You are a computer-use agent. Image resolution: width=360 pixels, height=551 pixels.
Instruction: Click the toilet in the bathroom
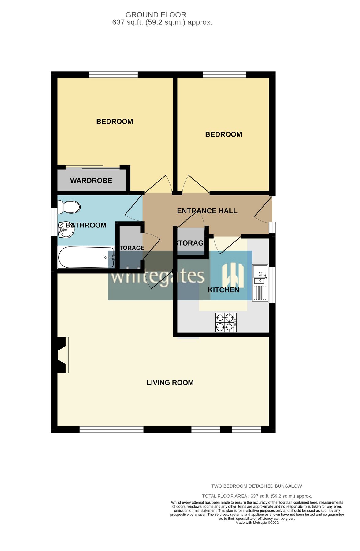(x=69, y=207)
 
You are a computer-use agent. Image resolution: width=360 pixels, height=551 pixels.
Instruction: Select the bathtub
(x=86, y=257)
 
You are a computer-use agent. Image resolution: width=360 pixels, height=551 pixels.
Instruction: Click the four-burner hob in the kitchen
(x=226, y=322)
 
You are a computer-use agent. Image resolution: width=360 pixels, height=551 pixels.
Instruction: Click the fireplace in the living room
(x=62, y=355)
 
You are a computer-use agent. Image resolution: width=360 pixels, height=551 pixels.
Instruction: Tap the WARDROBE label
(x=91, y=181)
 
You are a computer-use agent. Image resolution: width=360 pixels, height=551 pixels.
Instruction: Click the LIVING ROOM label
(x=170, y=383)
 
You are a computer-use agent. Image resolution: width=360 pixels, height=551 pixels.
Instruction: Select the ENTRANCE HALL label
(x=207, y=211)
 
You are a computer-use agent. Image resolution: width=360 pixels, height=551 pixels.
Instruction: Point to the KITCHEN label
(x=223, y=290)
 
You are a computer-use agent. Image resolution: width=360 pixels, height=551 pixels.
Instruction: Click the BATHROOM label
(x=86, y=225)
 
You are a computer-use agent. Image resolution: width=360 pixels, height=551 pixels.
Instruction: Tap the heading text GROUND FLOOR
(x=156, y=15)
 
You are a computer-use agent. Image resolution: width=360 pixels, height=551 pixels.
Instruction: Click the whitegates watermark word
(x=158, y=276)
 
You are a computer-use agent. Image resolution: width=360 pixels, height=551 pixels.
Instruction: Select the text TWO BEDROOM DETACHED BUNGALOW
(x=257, y=486)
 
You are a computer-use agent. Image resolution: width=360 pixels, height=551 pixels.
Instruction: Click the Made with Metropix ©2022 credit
(x=257, y=523)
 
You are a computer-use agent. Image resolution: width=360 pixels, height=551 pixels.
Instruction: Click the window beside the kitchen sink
(x=272, y=285)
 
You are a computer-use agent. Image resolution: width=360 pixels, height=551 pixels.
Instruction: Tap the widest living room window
(x=111, y=430)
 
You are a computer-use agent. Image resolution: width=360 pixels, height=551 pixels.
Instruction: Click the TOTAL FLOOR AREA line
(x=257, y=496)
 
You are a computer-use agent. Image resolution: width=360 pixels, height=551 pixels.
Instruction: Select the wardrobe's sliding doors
(x=92, y=167)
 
